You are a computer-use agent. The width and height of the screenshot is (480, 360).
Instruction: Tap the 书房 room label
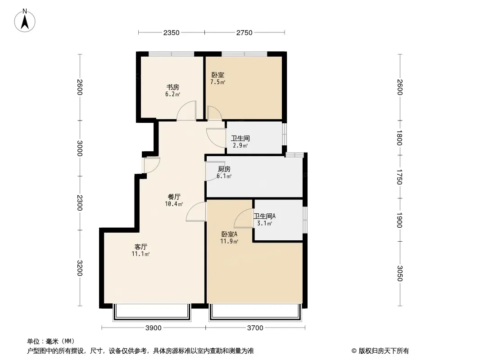pos(172,87)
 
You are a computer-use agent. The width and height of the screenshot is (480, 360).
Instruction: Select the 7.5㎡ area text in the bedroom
pos(217,82)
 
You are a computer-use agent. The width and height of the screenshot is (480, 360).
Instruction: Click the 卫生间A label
pos(264,216)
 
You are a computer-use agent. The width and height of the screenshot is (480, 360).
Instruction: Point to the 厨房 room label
pos(224,169)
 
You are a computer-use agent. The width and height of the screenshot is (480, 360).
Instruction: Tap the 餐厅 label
pos(174,197)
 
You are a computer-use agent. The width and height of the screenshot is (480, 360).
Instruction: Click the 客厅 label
pos(141,247)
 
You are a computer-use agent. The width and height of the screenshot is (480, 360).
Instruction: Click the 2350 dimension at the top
pos(172,32)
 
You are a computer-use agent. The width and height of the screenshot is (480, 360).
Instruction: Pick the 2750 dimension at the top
pos(244,32)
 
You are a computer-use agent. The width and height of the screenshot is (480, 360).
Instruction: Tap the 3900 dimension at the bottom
pos(153,328)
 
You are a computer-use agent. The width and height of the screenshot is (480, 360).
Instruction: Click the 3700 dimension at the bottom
pos(255,328)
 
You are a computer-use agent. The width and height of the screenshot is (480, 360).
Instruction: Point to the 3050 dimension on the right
pos(399,273)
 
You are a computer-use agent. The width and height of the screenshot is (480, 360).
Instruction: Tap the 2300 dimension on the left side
pos(80,202)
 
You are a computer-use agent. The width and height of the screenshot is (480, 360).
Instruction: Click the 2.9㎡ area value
pos(240,145)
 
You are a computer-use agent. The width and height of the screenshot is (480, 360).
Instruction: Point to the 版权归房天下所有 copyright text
pos(380,351)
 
